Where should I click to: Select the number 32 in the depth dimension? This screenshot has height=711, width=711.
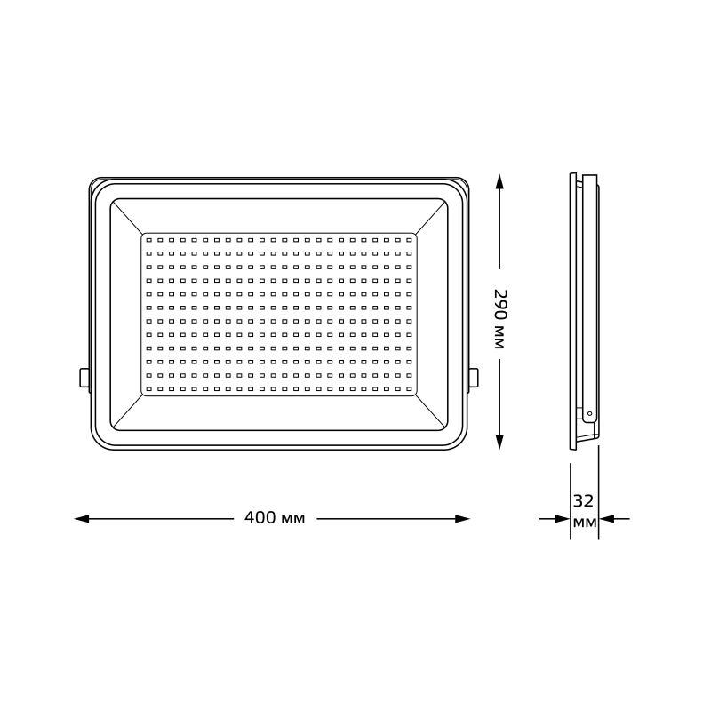(584, 500)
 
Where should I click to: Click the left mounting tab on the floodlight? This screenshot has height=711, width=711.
(84, 377)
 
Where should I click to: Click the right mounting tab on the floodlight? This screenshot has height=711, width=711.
(472, 377)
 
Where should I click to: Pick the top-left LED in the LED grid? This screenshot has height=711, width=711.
(148, 239)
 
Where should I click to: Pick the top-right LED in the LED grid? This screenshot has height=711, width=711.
(409, 239)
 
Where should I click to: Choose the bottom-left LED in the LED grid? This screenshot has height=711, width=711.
(148, 388)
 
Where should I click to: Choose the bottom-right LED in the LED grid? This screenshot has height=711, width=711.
(409, 388)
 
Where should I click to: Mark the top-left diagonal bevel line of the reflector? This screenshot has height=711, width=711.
(125, 217)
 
